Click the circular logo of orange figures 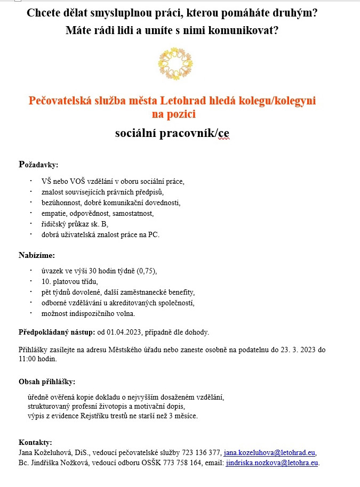pos(175,63)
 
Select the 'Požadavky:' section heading pos(38,164)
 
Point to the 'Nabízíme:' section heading pos(37,255)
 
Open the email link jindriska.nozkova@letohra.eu pos(272,462)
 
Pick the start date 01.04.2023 pos(123,332)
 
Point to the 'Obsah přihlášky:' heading pos(47,382)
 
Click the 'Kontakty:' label pos(35,442)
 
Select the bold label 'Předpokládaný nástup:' pos(57,332)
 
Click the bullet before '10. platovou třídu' pos(31,281)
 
